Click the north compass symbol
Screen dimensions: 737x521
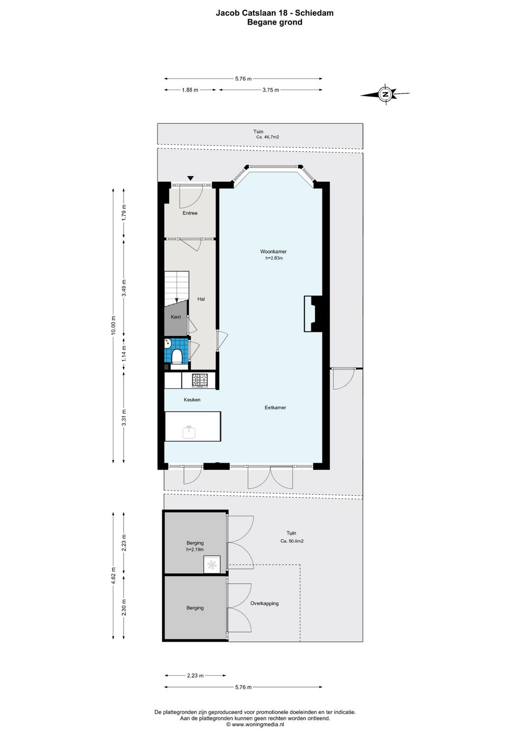point(386,94)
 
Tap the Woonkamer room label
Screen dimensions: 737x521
point(273,252)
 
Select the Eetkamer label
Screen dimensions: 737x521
point(275,407)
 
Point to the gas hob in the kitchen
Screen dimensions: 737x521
point(200,380)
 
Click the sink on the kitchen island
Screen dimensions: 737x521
point(189,432)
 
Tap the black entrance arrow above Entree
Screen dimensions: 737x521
point(191,178)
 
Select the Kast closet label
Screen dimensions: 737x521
point(176,317)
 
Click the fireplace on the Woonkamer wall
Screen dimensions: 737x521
point(313,314)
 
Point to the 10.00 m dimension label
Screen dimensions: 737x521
point(113,325)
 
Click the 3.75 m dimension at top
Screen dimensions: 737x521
point(270,90)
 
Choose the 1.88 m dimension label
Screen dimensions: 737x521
point(190,90)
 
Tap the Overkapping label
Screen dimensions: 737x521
point(264,603)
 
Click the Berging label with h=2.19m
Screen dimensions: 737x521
point(195,543)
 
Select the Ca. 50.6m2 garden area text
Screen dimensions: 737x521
point(292,541)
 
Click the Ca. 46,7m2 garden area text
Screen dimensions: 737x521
point(268,138)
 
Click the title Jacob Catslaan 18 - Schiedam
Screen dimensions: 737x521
point(274,13)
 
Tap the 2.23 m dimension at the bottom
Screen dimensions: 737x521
point(195,676)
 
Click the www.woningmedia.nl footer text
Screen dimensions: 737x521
point(257,724)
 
